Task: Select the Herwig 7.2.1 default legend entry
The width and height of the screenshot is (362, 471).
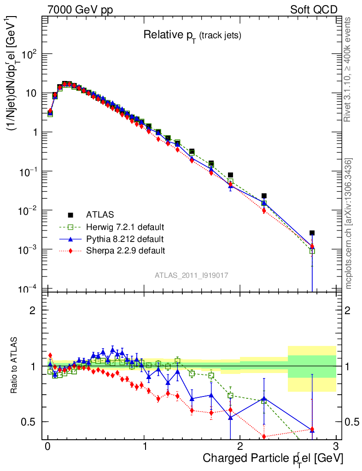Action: pyautogui.click(x=125, y=227)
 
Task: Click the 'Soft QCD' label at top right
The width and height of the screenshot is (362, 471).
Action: pyautogui.click(x=314, y=10)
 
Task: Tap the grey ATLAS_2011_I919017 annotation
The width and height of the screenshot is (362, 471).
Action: pyautogui.click(x=192, y=275)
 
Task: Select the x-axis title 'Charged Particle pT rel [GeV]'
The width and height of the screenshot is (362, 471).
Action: pyautogui.click(x=273, y=458)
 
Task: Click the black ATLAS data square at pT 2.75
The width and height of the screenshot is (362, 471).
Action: pyautogui.click(x=312, y=233)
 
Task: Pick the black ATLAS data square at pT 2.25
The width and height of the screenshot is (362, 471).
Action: pyautogui.click(x=264, y=196)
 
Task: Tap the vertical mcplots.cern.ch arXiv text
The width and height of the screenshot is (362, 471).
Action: pyautogui.click(x=348, y=224)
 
